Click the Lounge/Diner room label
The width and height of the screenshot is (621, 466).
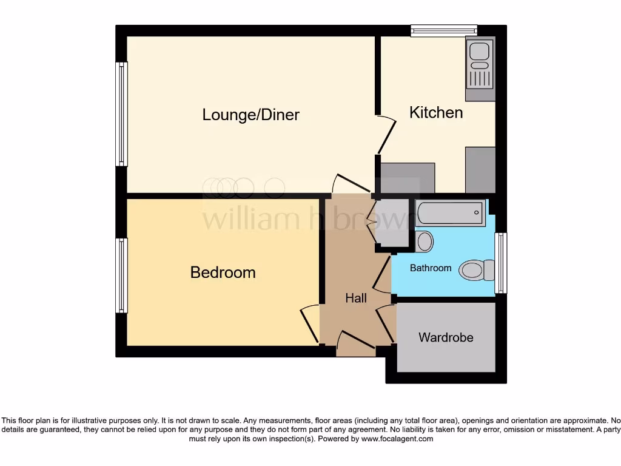[250, 115]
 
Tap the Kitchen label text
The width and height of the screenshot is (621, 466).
[436, 112]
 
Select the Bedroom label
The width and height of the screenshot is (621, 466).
[223, 272]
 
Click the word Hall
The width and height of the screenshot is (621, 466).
[356, 298]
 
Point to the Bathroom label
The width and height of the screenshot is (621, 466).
[431, 268]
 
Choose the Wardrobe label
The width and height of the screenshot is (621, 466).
[446, 337]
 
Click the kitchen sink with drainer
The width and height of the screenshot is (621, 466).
[480, 68]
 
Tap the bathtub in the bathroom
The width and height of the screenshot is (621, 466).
[450, 213]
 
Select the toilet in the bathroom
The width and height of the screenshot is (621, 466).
[476, 270]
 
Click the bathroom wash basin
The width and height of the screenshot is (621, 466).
[425, 241]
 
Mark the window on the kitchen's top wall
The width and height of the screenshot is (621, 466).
[443, 30]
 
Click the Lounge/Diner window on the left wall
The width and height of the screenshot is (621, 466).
[122, 114]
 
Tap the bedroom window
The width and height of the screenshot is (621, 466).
[122, 275]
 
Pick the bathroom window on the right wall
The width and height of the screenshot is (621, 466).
[500, 263]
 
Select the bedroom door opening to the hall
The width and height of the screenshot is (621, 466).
[310, 323]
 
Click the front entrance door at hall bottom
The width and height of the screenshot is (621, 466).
[355, 343]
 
